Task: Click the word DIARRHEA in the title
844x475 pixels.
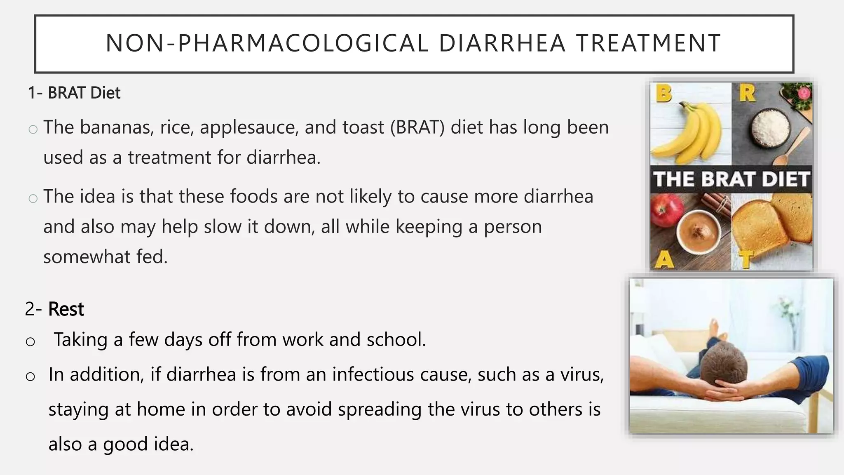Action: [x=502, y=43]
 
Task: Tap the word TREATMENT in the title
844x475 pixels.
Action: [x=649, y=43]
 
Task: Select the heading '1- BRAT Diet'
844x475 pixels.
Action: [x=74, y=93]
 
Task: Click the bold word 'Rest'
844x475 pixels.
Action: [x=66, y=309]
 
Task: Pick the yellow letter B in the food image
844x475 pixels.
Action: [x=663, y=94]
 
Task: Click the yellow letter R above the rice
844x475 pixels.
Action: [x=747, y=93]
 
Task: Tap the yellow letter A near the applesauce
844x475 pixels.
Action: [x=664, y=259]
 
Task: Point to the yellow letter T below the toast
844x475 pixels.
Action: [x=746, y=259]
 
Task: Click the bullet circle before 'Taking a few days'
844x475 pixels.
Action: [x=30, y=341]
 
